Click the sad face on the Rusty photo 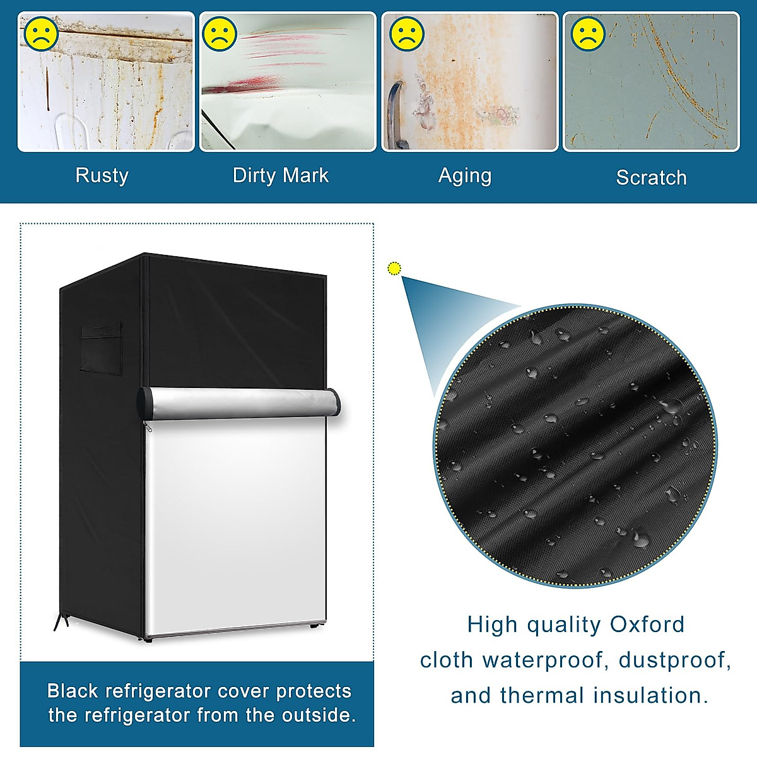pos(41,33)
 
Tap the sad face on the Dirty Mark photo pos(220,34)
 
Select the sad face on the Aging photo pos(406,34)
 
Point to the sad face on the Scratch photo pos(588,34)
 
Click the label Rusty pos(102,175)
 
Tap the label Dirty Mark pos(281,175)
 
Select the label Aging pos(465,176)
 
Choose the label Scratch pos(651,178)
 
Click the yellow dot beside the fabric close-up pos(395,269)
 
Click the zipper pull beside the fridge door pos(149,427)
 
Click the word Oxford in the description pos(647,625)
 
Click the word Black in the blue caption pos(73,691)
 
